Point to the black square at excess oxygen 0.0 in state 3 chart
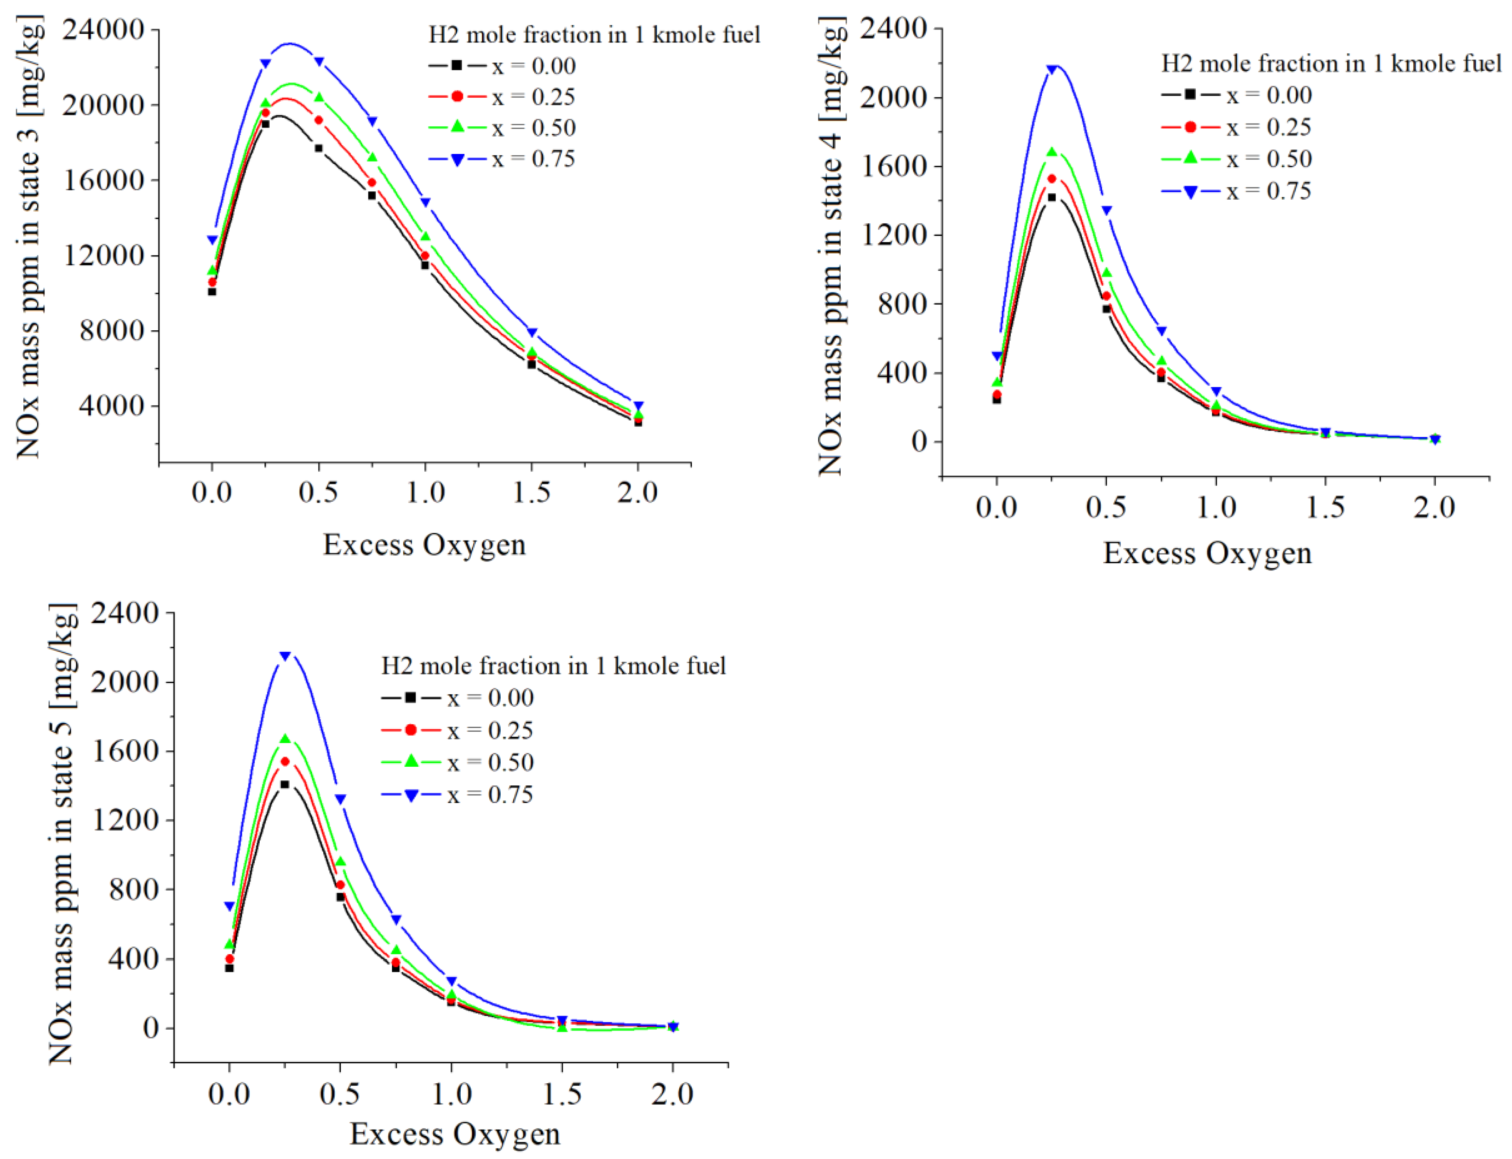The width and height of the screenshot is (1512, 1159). pyautogui.click(x=212, y=292)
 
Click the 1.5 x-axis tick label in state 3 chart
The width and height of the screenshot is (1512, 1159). pyautogui.click(x=531, y=493)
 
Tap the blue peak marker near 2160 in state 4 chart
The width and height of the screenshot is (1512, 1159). pyautogui.click(x=1052, y=69)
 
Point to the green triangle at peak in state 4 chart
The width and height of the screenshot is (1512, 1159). pyautogui.click(x=1052, y=152)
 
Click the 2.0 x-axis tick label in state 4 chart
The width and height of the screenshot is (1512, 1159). pyautogui.click(x=1434, y=508)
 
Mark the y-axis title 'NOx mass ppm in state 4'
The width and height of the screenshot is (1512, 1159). pyautogui.click(x=832, y=245)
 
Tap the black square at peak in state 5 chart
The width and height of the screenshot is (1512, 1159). pyautogui.click(x=284, y=785)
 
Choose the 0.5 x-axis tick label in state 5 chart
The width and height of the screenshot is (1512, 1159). pyautogui.click(x=340, y=1094)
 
